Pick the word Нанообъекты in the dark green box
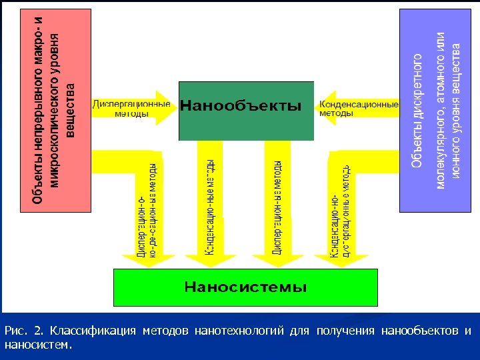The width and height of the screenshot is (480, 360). (x=241, y=106)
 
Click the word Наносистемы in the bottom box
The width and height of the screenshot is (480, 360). (x=245, y=287)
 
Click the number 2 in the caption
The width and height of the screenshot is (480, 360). (x=37, y=331)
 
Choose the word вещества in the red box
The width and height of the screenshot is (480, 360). (x=71, y=109)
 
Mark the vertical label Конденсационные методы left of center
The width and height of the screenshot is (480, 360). (x=209, y=207)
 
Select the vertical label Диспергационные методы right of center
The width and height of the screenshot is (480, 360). (x=278, y=207)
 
